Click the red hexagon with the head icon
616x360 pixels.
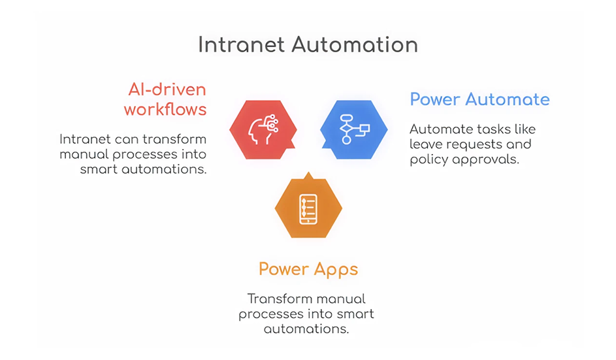pyautogui.click(x=259, y=129)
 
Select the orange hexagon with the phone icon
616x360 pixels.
pyautogui.click(x=308, y=208)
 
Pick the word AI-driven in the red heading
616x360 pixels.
pyautogui.click(x=166, y=90)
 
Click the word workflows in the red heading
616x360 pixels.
pyautogui.click(x=165, y=109)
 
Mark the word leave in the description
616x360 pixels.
pyautogui.click(x=425, y=144)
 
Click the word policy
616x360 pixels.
pyautogui.click(x=427, y=160)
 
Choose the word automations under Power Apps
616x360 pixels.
pyautogui.click(x=306, y=329)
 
